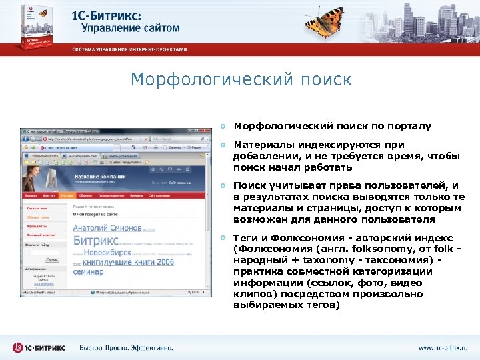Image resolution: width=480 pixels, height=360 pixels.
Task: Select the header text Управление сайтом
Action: click(x=131, y=28)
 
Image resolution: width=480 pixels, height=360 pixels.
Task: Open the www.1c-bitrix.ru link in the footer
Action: click(x=443, y=347)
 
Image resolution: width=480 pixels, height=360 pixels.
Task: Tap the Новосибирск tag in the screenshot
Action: click(x=107, y=253)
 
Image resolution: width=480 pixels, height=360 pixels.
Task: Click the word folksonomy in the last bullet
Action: click(x=354, y=249)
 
